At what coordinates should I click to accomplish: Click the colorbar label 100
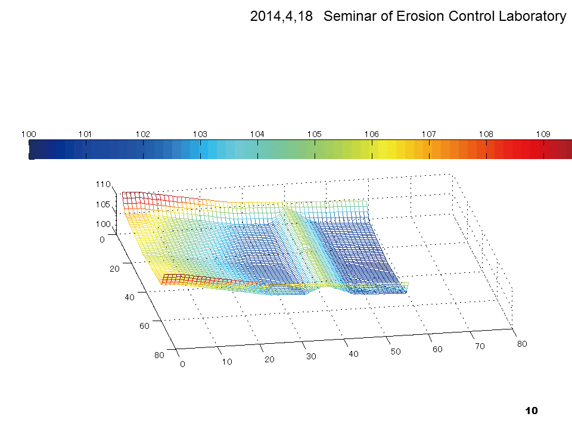(29, 135)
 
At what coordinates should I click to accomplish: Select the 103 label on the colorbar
(200, 135)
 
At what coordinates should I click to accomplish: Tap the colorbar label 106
(371, 135)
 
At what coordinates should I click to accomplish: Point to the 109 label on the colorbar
(543, 135)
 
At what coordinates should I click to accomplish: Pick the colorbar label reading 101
(86, 135)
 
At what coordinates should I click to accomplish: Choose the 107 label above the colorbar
(428, 135)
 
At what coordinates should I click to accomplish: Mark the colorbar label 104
(257, 135)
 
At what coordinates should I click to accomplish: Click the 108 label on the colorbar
(486, 135)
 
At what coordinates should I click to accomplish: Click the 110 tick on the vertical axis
(104, 185)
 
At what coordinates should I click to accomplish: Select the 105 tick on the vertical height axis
(104, 205)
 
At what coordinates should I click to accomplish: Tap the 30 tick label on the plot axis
(311, 356)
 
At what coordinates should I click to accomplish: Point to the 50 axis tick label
(396, 352)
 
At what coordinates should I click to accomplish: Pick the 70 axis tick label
(480, 346)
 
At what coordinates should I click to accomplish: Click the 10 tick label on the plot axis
(227, 362)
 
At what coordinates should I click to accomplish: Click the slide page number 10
(532, 411)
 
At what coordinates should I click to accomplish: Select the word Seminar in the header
(350, 17)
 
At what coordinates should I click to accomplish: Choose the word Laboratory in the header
(531, 17)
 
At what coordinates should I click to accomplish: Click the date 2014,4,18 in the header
(282, 17)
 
